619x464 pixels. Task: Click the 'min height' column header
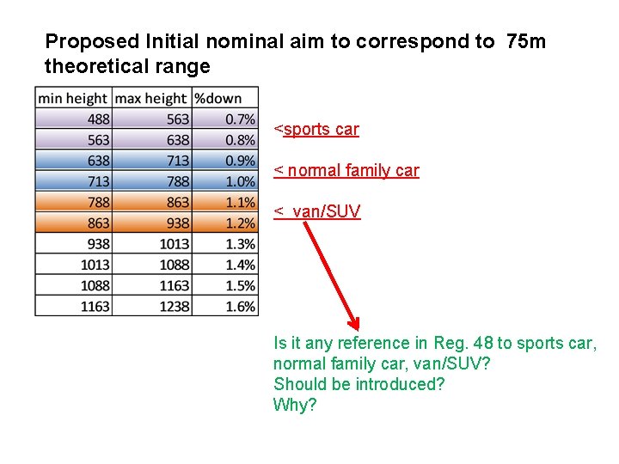[73, 99]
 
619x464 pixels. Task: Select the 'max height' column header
[150, 99]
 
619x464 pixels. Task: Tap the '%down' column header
[218, 99]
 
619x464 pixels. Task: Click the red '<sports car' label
[316, 130]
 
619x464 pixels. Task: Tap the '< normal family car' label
[346, 171]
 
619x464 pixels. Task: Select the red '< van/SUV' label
[317, 211]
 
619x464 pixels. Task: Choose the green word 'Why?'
[295, 405]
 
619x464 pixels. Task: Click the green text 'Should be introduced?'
[359, 384]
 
